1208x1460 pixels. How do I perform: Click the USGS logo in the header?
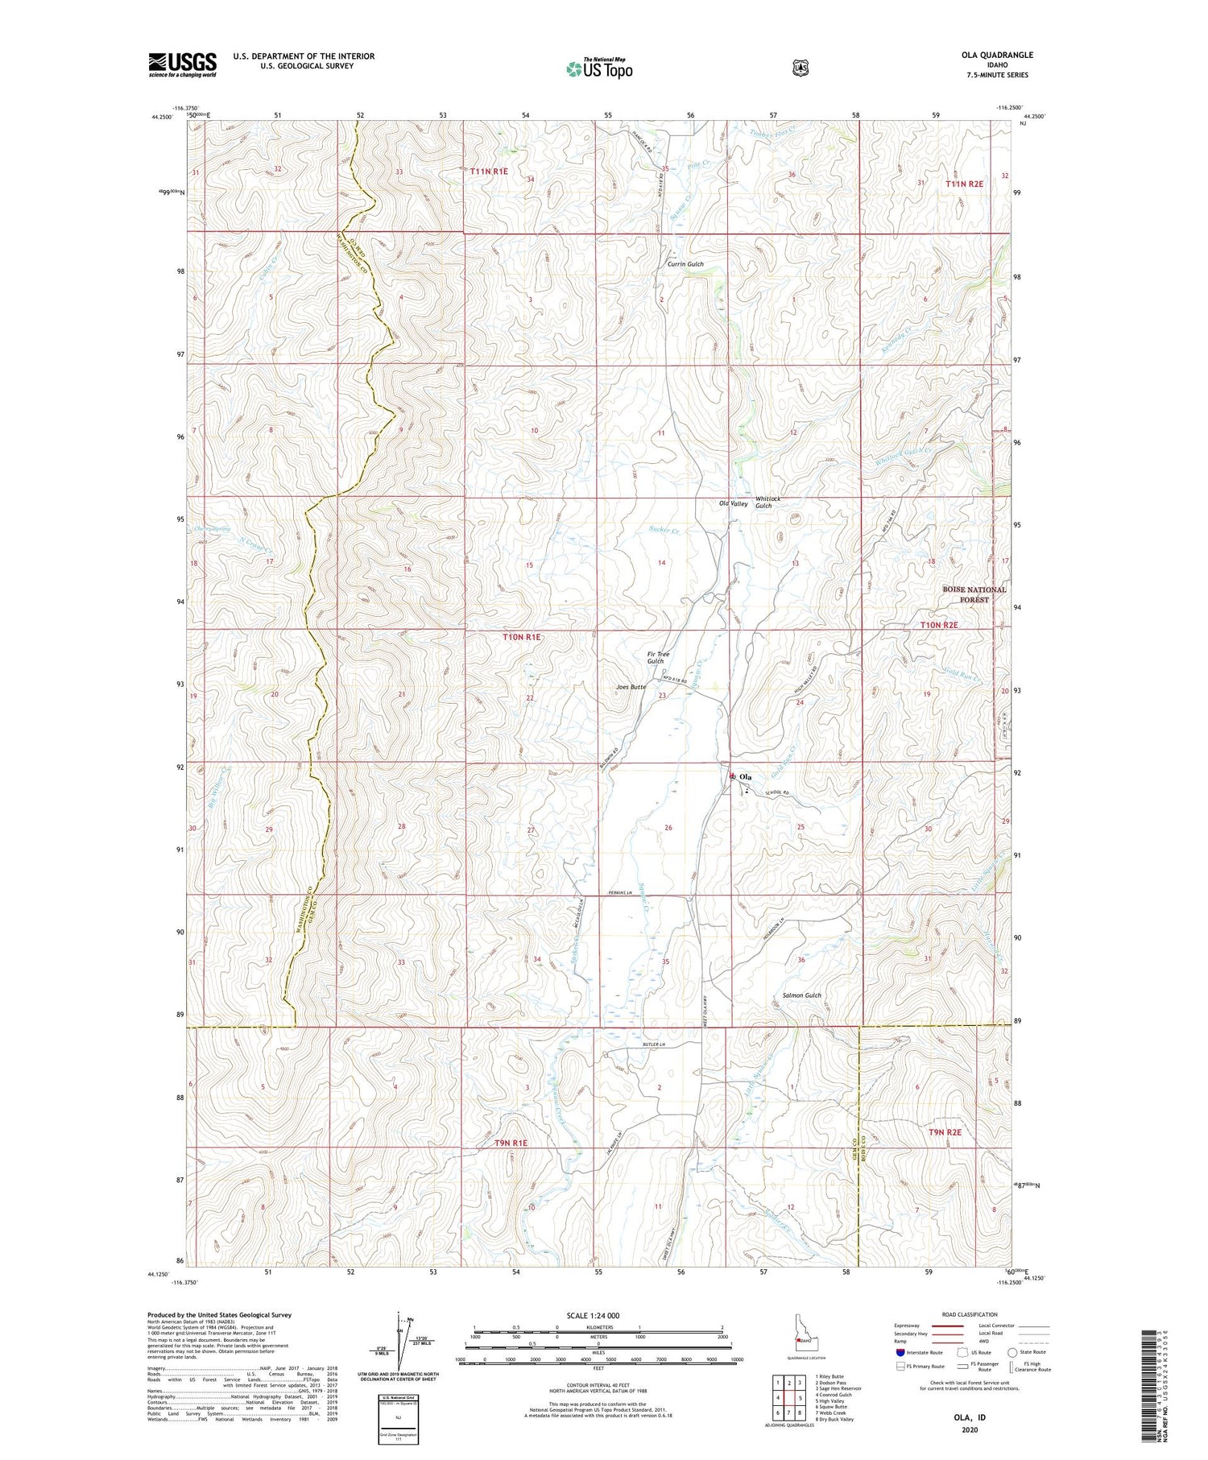(182, 64)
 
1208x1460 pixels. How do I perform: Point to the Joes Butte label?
(631, 687)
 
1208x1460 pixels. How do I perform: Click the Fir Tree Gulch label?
(658, 658)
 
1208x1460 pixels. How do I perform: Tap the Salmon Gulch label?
(801, 995)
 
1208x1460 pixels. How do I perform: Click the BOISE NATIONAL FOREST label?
(974, 594)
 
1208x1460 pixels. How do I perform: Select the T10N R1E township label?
(522, 637)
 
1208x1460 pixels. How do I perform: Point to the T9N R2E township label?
(945, 1132)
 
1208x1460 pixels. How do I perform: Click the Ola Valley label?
(734, 504)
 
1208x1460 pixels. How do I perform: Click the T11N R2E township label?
(964, 184)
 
